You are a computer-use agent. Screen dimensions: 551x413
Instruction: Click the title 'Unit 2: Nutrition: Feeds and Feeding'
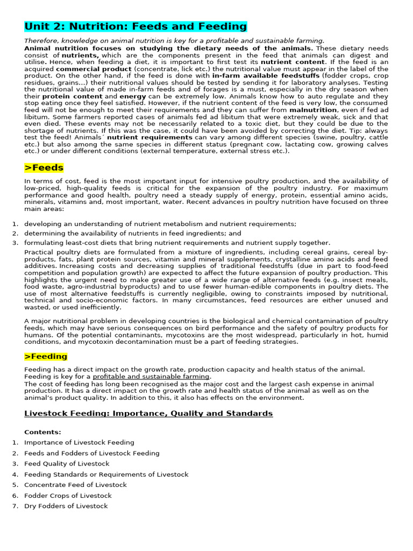(x=136, y=26)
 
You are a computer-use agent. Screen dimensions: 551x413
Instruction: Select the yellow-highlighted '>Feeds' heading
(x=44, y=168)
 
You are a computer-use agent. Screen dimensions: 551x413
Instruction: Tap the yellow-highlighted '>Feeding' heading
(x=46, y=356)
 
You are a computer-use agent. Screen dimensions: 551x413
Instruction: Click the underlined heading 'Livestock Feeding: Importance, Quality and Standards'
(x=148, y=413)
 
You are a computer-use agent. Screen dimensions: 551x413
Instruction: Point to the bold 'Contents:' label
(x=42, y=432)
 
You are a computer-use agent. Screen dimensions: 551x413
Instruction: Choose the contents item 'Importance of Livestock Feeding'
(x=79, y=442)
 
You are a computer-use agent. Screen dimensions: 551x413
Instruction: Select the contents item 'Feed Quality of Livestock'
(x=67, y=463)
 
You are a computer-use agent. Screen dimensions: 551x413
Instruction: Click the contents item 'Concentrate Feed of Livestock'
(x=75, y=485)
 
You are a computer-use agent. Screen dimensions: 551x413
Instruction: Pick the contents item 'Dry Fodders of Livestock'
(x=66, y=506)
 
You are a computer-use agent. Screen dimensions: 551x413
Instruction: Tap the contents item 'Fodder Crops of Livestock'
(x=68, y=496)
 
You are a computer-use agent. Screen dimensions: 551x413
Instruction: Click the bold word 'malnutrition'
(x=314, y=110)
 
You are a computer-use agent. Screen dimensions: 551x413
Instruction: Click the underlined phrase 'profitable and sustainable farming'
(x=151, y=377)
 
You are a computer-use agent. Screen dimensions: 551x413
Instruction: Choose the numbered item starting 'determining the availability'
(x=125, y=234)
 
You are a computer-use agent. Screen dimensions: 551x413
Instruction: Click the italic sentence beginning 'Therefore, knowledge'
(x=174, y=40)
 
